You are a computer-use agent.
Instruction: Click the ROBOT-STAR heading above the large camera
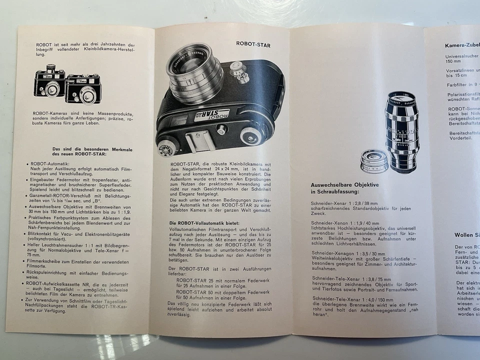click(x=253, y=44)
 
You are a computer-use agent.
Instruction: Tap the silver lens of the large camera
click(x=194, y=71)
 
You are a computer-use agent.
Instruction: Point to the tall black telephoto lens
click(x=401, y=130)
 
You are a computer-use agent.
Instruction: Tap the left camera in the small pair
click(x=49, y=83)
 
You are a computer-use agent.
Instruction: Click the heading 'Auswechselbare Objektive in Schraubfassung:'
click(x=344, y=188)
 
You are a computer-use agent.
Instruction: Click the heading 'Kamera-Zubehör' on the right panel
click(x=461, y=45)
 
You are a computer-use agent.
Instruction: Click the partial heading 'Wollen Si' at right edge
click(x=466, y=234)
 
